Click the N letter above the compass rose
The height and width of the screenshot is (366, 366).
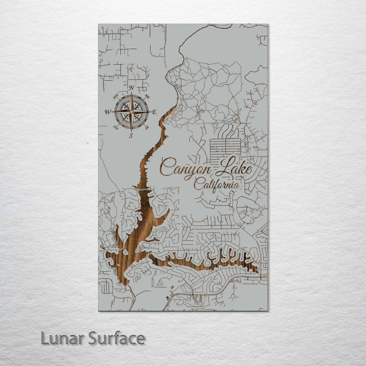point(131,88)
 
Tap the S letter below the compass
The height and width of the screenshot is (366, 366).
point(131,136)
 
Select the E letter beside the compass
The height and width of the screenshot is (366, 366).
point(154,112)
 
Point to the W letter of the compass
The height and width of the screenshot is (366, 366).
point(108,112)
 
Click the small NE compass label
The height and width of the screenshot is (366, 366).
point(147,97)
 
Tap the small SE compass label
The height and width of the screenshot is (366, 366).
point(147,127)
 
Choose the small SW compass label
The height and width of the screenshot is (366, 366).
point(116,127)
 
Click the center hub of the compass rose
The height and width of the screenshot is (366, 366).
point(131,112)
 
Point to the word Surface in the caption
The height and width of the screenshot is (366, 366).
point(117,338)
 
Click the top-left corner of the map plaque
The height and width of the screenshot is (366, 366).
point(99,24)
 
